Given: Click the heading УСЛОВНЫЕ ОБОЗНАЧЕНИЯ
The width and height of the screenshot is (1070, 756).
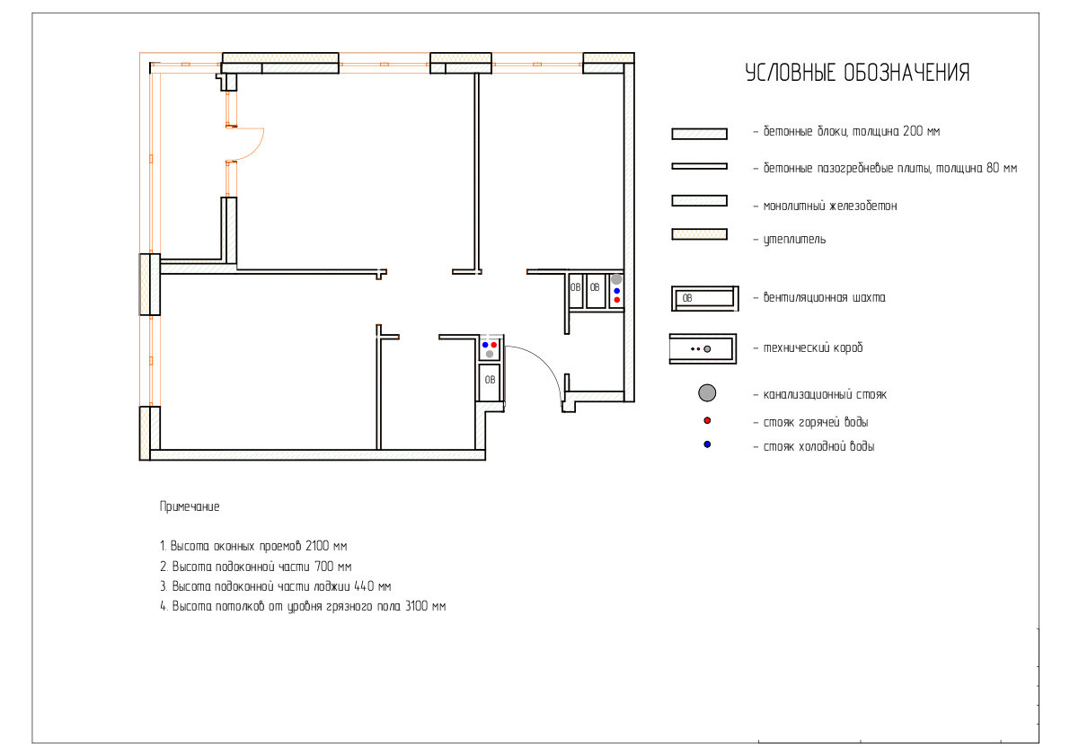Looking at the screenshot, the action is pos(857,73).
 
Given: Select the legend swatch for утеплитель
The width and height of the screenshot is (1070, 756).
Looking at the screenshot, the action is pos(700,234).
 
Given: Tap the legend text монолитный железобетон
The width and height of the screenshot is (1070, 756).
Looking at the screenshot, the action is pos(830,206).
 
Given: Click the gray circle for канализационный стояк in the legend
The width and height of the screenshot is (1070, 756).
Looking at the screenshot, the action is pos(707,392).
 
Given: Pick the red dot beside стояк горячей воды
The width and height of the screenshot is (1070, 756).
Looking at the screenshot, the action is pos(707,420).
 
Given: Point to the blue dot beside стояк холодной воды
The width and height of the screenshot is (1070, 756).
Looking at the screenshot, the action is pos(707,444).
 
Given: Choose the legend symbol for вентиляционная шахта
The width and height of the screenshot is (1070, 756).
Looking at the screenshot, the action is pos(705,298).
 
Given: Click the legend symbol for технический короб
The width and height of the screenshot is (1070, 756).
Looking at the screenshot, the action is pos(703,348).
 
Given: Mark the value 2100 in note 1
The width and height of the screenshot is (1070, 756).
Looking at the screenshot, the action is pos(316,546).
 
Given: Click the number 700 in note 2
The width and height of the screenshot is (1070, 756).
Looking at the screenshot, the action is pos(323,567).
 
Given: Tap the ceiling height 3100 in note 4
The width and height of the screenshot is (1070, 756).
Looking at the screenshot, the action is pos(416,606).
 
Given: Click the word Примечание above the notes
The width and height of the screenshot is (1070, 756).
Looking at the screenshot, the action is pos(190,506).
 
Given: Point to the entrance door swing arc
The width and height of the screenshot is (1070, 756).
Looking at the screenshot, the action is pos(543,361).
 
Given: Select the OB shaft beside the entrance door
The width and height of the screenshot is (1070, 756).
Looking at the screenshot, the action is pos(490,380).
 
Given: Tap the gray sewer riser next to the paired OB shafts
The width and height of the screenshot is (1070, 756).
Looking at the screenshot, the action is pos(616,279).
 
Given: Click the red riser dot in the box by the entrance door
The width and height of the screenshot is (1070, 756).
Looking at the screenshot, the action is pos(494,345).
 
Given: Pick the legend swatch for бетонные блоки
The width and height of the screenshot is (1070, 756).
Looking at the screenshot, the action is pos(700,134).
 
